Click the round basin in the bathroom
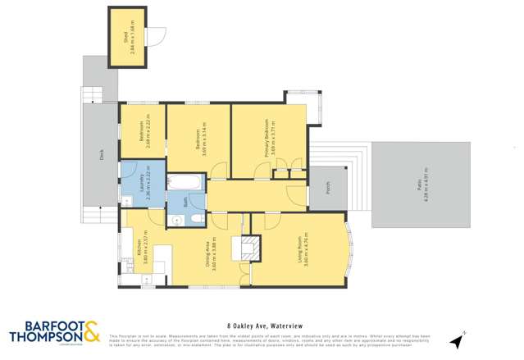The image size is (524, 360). [176, 219]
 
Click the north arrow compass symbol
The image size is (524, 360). [458, 339]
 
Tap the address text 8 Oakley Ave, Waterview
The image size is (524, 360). [262, 324]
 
